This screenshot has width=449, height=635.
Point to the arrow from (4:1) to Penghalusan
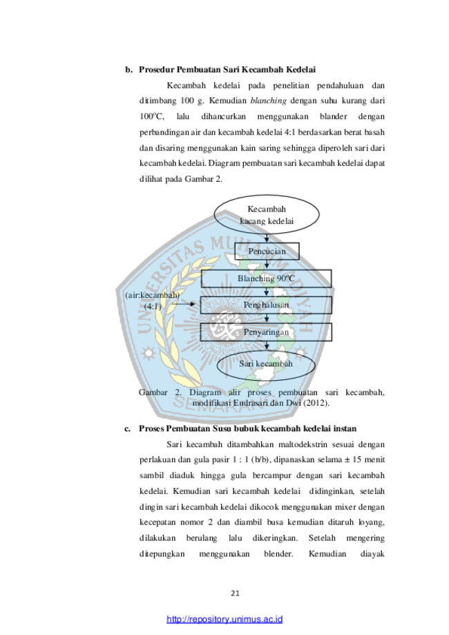(x=187, y=304)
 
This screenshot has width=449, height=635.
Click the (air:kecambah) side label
(x=152, y=295)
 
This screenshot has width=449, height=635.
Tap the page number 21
(x=236, y=594)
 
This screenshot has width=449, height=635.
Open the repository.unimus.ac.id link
(x=224, y=619)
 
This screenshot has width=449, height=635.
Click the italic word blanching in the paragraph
(x=268, y=100)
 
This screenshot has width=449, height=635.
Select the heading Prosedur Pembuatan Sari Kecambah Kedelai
(x=227, y=70)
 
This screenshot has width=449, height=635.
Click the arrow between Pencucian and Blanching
(x=267, y=265)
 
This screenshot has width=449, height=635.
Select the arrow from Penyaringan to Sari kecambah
(x=267, y=345)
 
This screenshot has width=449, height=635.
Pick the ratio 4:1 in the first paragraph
(x=290, y=133)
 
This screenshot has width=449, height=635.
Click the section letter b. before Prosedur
(x=128, y=70)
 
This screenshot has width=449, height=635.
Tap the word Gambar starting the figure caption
(x=153, y=392)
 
